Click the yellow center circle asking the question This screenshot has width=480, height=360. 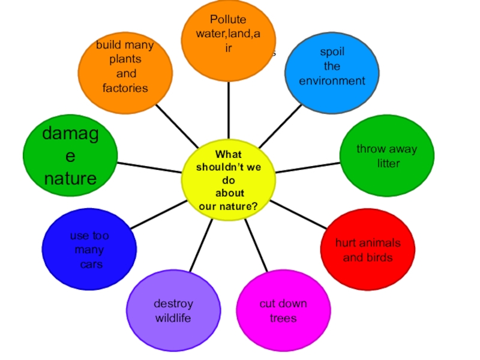(228, 179)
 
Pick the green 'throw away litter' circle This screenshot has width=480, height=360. (387, 156)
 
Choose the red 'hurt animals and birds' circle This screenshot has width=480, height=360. (368, 250)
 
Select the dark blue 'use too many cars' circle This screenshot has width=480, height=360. (89, 250)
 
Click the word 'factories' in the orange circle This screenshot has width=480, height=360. (125, 88)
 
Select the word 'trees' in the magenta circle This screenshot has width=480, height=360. (283, 318)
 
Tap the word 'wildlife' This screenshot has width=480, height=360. (173, 318)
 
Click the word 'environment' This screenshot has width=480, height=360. (332, 80)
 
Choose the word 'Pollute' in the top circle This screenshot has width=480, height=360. (228, 20)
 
